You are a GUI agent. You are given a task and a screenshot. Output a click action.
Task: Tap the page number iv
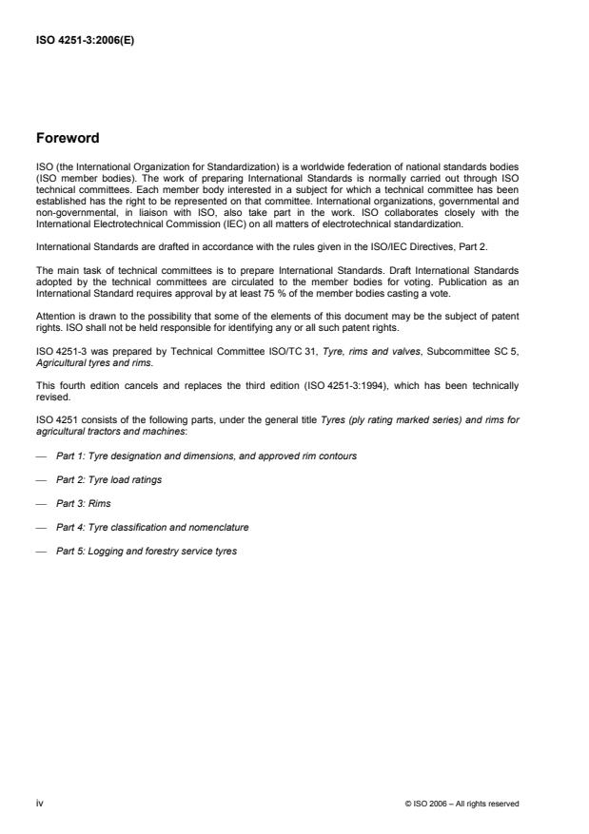tap(39, 803)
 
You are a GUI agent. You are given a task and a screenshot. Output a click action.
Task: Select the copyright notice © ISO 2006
tap(461, 804)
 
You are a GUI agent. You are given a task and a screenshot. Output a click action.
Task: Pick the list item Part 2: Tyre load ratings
tap(108, 479)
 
